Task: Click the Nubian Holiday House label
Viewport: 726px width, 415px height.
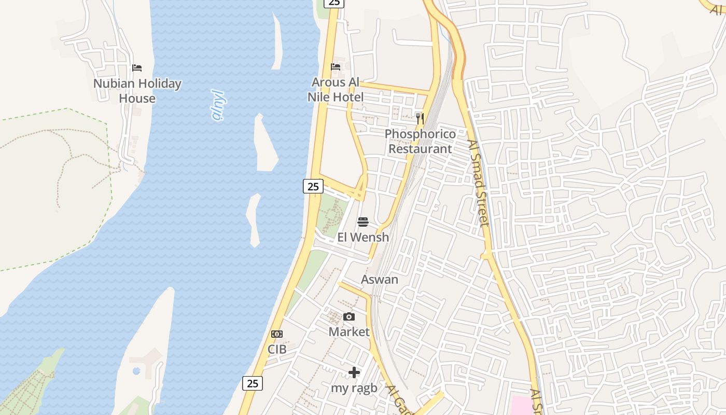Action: (x=137, y=91)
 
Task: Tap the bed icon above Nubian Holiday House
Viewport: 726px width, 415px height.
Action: (x=137, y=68)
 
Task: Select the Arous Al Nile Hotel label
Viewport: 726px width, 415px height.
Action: (x=336, y=90)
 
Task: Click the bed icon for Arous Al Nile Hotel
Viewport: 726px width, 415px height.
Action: (x=336, y=67)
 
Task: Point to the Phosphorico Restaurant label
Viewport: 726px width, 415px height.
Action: (x=420, y=142)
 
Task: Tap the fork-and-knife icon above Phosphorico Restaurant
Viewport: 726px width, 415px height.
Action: (x=420, y=119)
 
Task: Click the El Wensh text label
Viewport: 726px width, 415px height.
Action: (x=363, y=238)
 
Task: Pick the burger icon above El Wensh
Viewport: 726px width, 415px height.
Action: (x=363, y=223)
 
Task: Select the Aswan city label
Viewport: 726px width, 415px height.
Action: (x=380, y=280)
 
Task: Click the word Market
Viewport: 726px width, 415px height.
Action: (x=349, y=332)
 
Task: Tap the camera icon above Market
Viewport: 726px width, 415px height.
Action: (x=349, y=317)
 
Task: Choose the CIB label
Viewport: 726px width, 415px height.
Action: (x=277, y=350)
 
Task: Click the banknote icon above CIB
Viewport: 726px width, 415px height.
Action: (x=277, y=334)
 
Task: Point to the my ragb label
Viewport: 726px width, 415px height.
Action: (x=354, y=388)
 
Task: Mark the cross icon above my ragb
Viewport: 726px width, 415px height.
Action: (x=354, y=372)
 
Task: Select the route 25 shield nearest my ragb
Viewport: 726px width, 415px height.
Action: (x=253, y=383)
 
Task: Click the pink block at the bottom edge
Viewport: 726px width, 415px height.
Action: (x=522, y=405)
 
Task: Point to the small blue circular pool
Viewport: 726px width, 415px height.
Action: (x=136, y=371)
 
